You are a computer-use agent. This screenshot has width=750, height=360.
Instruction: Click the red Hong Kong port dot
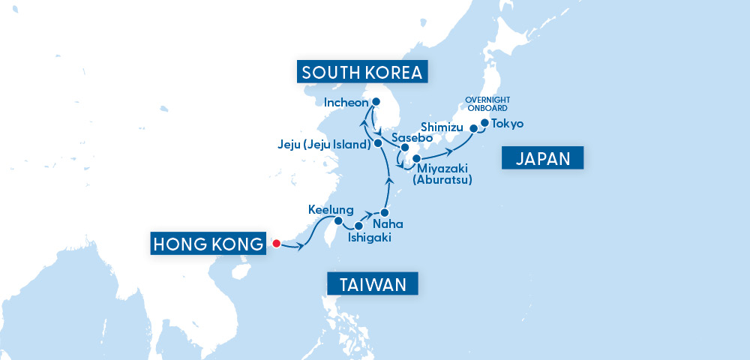[x=276, y=243]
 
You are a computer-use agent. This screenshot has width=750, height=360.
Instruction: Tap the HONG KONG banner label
[x=208, y=244]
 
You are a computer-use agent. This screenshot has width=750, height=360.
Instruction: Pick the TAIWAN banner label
[x=372, y=284]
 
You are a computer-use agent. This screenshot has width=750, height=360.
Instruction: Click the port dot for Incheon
[x=376, y=102]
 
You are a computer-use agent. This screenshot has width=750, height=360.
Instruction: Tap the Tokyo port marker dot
[x=484, y=123]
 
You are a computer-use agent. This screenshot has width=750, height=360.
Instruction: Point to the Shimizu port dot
[x=473, y=129]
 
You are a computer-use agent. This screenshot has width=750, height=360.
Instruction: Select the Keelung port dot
[x=338, y=221]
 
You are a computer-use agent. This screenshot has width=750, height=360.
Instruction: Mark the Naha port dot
[x=385, y=213]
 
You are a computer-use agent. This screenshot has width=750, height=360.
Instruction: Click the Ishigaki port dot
[x=358, y=226]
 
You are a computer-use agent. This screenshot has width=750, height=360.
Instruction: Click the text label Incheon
[x=346, y=102]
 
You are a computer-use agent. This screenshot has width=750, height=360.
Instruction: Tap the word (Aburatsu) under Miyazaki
[x=445, y=181]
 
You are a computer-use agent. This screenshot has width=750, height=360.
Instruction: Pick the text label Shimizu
[x=443, y=125]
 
